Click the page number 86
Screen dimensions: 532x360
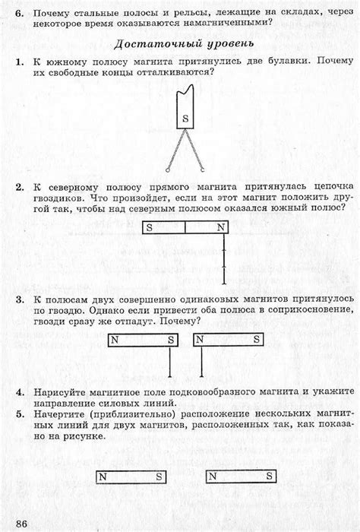click(21, 524)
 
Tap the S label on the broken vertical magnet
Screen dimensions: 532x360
click(185, 118)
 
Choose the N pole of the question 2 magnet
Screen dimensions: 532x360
click(219, 226)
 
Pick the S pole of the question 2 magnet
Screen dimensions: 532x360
click(150, 226)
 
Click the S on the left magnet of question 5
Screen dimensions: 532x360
click(159, 477)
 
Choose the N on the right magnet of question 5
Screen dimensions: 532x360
click(213, 477)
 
